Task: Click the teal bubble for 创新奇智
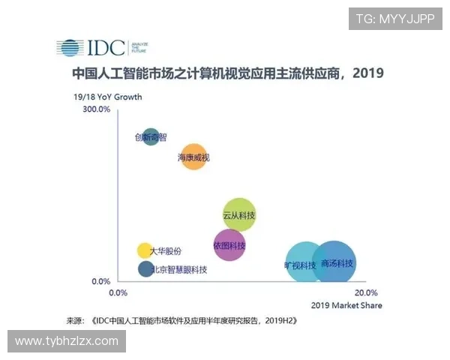(x=151, y=136)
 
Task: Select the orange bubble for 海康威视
(x=193, y=156)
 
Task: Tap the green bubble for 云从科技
(x=239, y=214)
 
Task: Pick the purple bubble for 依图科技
(x=229, y=245)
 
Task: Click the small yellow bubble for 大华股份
(x=145, y=250)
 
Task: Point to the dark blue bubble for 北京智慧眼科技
(x=146, y=268)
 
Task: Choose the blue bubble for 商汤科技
(x=334, y=262)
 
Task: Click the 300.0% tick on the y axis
(x=96, y=110)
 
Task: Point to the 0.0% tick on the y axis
(x=100, y=282)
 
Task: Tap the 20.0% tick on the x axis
(x=365, y=293)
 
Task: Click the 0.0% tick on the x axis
(x=120, y=293)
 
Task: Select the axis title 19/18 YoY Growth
(x=106, y=97)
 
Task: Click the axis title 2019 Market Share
(x=346, y=306)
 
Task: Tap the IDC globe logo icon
(x=70, y=48)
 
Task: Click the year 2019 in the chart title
(x=368, y=74)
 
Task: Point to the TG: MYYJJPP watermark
(x=395, y=19)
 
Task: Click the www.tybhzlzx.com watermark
(x=67, y=341)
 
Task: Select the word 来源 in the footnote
(x=75, y=320)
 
